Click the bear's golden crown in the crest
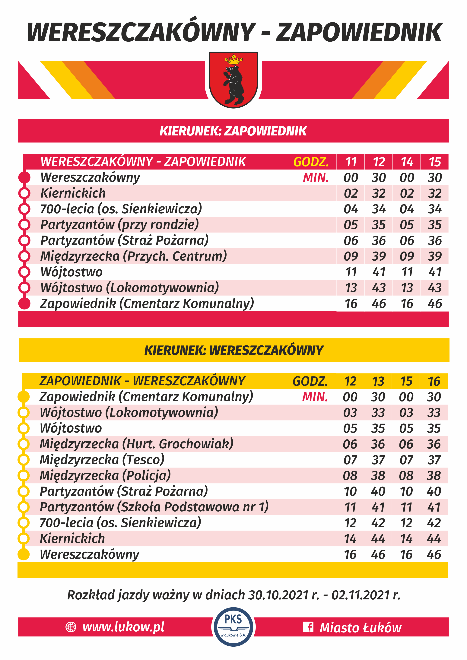(x=233, y=59)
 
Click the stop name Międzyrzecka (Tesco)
(x=102, y=460)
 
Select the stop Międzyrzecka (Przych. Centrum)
(x=134, y=256)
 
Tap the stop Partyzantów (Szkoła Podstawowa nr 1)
(x=154, y=507)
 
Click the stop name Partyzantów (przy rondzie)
(x=120, y=224)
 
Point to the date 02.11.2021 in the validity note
(x=361, y=595)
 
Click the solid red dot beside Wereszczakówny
(x=24, y=177)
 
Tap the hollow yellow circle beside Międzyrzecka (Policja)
(x=24, y=475)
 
